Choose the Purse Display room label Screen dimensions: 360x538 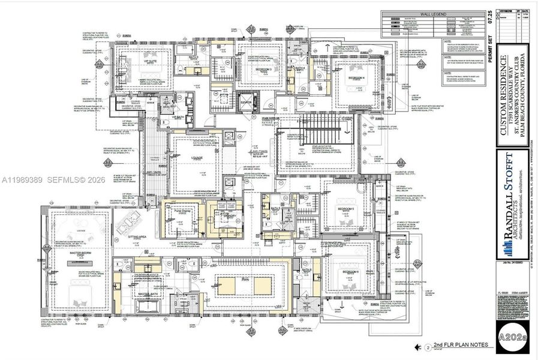click(x=182, y=212)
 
